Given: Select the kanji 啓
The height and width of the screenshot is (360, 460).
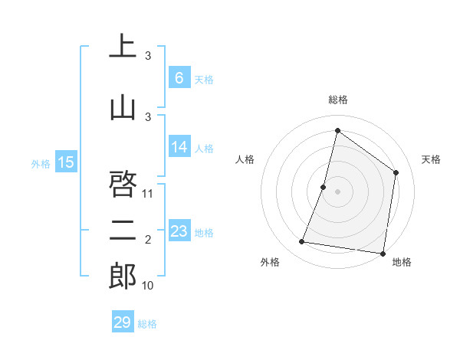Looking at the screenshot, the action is click(123, 183).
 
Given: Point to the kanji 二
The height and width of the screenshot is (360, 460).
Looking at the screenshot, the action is click(123, 231).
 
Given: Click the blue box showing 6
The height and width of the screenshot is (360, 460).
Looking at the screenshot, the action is click(179, 77).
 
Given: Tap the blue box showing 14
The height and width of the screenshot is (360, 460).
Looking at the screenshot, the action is click(179, 147).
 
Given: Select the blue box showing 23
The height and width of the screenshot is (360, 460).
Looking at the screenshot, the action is click(179, 231).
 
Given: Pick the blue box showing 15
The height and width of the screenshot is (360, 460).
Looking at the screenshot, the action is click(66, 162).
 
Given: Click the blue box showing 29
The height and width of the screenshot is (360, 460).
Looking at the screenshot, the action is click(123, 322).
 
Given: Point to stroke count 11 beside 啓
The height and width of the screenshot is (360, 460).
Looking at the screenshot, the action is click(149, 193).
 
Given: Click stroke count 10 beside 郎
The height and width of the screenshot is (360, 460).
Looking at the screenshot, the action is click(149, 286).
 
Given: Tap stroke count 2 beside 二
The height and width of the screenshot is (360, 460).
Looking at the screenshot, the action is click(148, 241).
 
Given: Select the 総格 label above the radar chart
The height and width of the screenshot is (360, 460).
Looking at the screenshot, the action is click(338, 100).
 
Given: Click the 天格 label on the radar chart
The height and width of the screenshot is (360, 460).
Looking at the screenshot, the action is click(432, 159).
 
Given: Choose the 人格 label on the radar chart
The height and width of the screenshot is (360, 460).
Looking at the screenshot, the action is click(245, 159).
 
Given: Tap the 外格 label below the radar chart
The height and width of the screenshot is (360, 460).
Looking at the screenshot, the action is click(270, 262).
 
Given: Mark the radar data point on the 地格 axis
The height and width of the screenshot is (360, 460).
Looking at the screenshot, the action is click(382, 253).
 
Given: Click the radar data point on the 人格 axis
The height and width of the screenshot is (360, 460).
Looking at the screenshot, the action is click(324, 187).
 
